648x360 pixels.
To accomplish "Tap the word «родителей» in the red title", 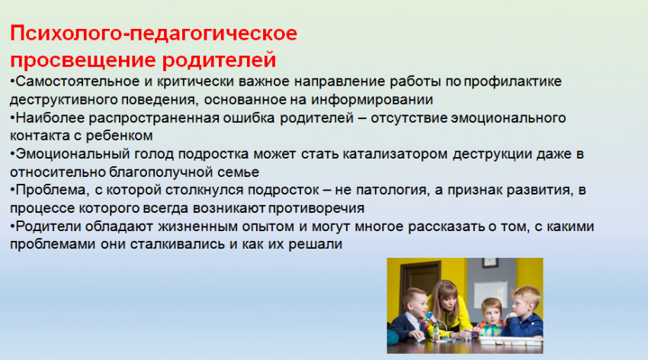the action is click(x=219, y=60).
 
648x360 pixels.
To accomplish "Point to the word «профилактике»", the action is click(x=512, y=82).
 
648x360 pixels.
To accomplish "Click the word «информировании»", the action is click(x=372, y=101).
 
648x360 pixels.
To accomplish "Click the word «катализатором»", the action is click(x=395, y=155).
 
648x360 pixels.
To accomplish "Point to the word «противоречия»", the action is click(x=316, y=209).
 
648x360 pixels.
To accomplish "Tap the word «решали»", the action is click(x=315, y=245).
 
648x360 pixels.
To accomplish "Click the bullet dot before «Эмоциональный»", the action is click(x=12, y=155).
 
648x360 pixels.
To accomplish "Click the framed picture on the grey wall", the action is click(x=490, y=263).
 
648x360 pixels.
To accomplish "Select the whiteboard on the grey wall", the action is click(x=490, y=294).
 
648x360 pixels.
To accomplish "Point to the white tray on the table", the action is click(x=510, y=341).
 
